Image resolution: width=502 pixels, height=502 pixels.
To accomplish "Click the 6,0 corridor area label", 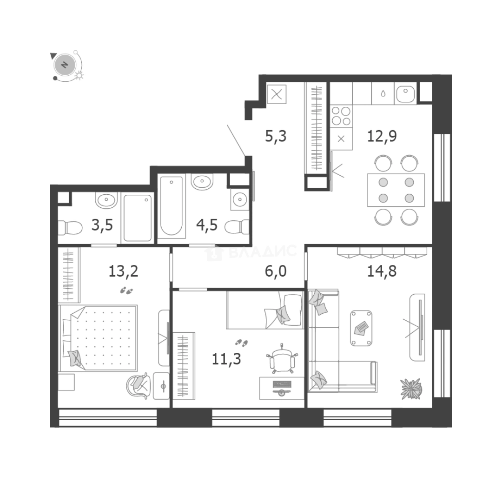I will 276,271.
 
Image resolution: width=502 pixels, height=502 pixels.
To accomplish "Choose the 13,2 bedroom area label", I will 123,271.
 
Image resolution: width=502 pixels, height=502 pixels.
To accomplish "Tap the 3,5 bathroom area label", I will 102,226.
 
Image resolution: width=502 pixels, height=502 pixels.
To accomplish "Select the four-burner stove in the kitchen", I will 341,116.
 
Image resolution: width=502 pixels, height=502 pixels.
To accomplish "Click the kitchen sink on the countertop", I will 405,95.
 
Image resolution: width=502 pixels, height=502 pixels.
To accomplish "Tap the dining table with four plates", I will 396,190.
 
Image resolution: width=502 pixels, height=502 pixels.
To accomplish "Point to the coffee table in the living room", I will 361,328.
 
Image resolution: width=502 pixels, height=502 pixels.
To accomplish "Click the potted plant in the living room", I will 411,388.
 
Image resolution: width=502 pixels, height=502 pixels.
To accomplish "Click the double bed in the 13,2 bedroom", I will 99,338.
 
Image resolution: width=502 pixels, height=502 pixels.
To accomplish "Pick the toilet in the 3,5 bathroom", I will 70,228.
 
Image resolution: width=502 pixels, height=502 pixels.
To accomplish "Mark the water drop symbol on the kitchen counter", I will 383,93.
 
